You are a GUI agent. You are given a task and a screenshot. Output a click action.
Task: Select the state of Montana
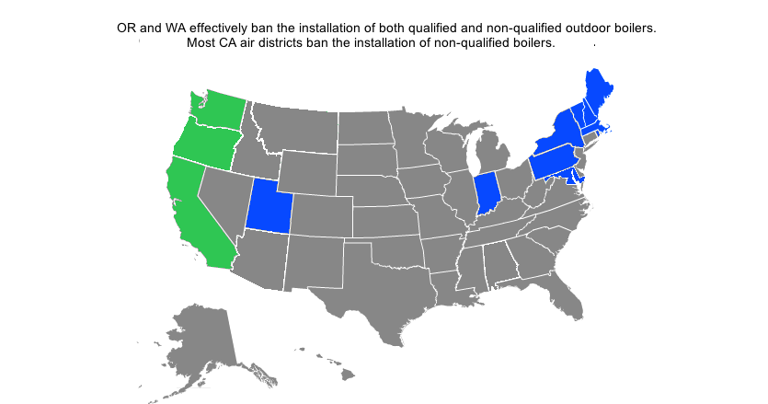click(x=294, y=125)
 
